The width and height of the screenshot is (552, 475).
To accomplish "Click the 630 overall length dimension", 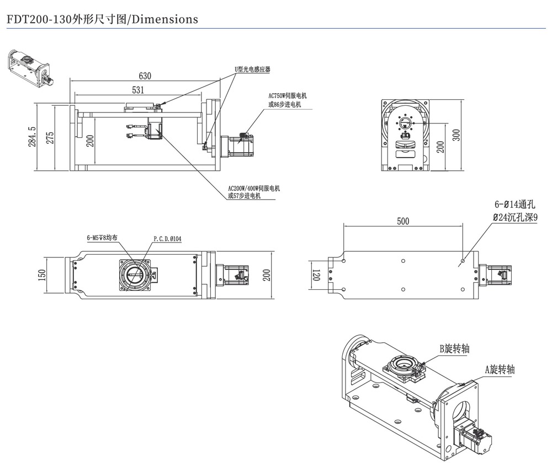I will [145, 75].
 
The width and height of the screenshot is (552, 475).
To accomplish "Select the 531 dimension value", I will [139, 90].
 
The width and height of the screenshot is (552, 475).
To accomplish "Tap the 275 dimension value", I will [50, 138].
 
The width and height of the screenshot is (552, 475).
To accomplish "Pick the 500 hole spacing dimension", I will [404, 221].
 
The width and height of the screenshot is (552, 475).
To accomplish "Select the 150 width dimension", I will [42, 275].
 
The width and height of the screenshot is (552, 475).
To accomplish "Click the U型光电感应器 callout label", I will [252, 69].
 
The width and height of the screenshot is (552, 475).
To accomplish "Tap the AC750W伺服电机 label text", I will [287, 96].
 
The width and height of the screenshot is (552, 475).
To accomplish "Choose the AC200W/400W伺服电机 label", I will [254, 188].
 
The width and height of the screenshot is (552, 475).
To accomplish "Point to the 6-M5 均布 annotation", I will [102, 238].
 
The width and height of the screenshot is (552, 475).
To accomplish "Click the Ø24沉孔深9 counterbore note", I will [515, 218].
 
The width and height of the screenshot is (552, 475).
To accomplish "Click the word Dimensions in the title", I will [163, 19].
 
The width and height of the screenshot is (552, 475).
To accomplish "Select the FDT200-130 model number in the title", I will [36, 19].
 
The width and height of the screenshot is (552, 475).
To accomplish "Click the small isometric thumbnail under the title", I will [31, 68].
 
